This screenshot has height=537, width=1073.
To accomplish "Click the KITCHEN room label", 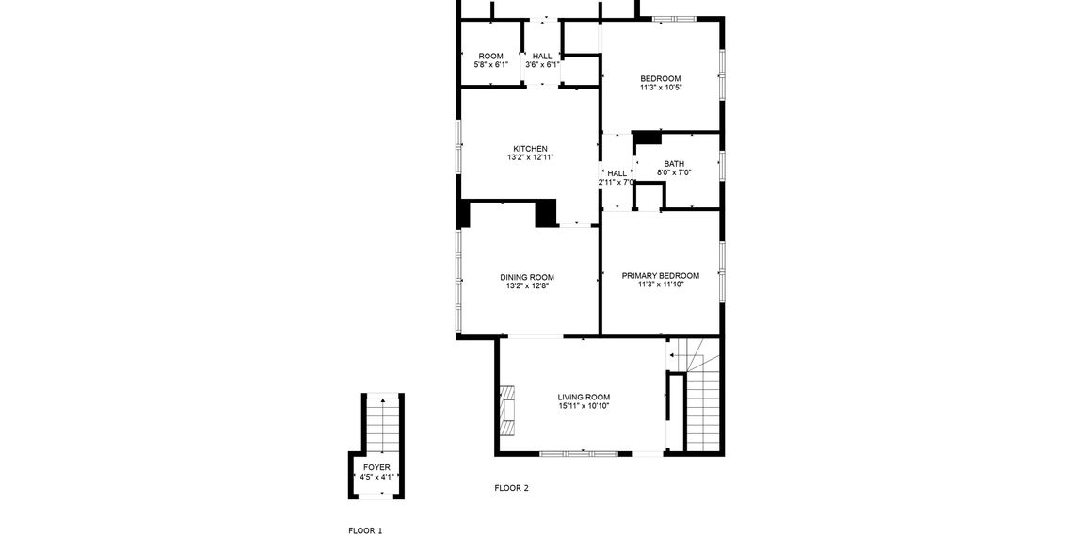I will pos(530,149).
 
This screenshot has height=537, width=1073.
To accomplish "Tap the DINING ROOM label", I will pos(526,277).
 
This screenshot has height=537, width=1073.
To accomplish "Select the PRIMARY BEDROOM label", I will pos(660,275).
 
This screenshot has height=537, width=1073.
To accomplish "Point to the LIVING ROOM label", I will pos(584,397).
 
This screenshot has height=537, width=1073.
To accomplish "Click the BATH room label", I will pos(674,164).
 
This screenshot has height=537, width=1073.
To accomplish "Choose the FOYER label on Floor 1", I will pos(376,467).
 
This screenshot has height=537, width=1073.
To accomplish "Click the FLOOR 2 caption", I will pos(512,488).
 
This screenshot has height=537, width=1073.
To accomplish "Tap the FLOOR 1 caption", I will pos(365,531).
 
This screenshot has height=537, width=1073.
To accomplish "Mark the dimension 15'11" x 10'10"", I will pos(584,405).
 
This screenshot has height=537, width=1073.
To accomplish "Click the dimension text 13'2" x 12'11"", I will pos(530,157).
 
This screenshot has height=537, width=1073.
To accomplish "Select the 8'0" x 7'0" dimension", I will pos(674,172).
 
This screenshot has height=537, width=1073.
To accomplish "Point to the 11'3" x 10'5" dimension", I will pos(660,87).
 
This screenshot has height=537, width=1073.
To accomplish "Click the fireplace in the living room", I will pos(507,411).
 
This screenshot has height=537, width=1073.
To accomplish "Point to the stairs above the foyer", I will pos(382,424).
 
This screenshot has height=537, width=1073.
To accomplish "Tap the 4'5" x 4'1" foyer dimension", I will pos(376,477).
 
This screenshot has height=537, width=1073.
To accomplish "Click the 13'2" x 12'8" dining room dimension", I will pos(526,285).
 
